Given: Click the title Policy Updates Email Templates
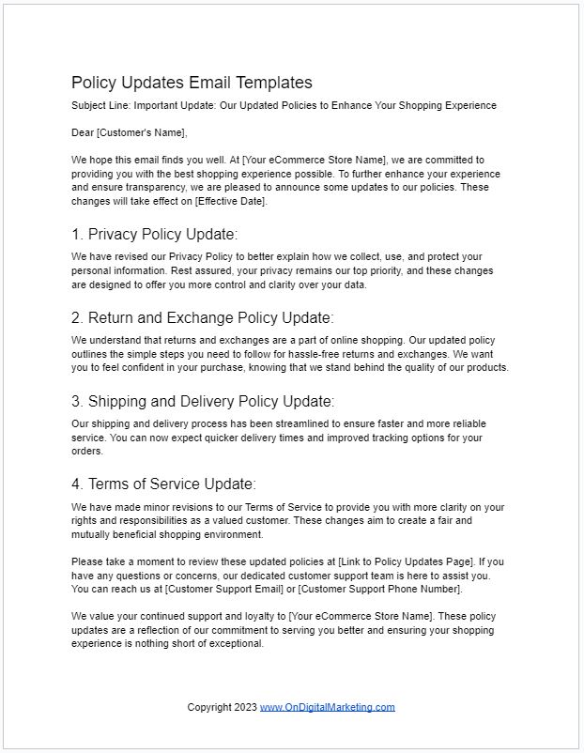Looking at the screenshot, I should pos(192,83).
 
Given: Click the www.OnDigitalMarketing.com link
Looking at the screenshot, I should pos(327,707).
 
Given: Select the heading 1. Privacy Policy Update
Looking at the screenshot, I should pos(155,234).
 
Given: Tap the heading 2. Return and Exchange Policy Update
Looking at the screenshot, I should pos(202,317).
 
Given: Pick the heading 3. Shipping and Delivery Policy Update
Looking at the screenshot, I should pos(202,401).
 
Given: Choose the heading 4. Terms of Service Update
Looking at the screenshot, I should pos(163,484).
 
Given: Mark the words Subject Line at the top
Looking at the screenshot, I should pos(97,105).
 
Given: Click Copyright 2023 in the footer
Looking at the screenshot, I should pos(222,707).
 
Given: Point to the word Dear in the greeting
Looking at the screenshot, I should pos(83,132).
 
